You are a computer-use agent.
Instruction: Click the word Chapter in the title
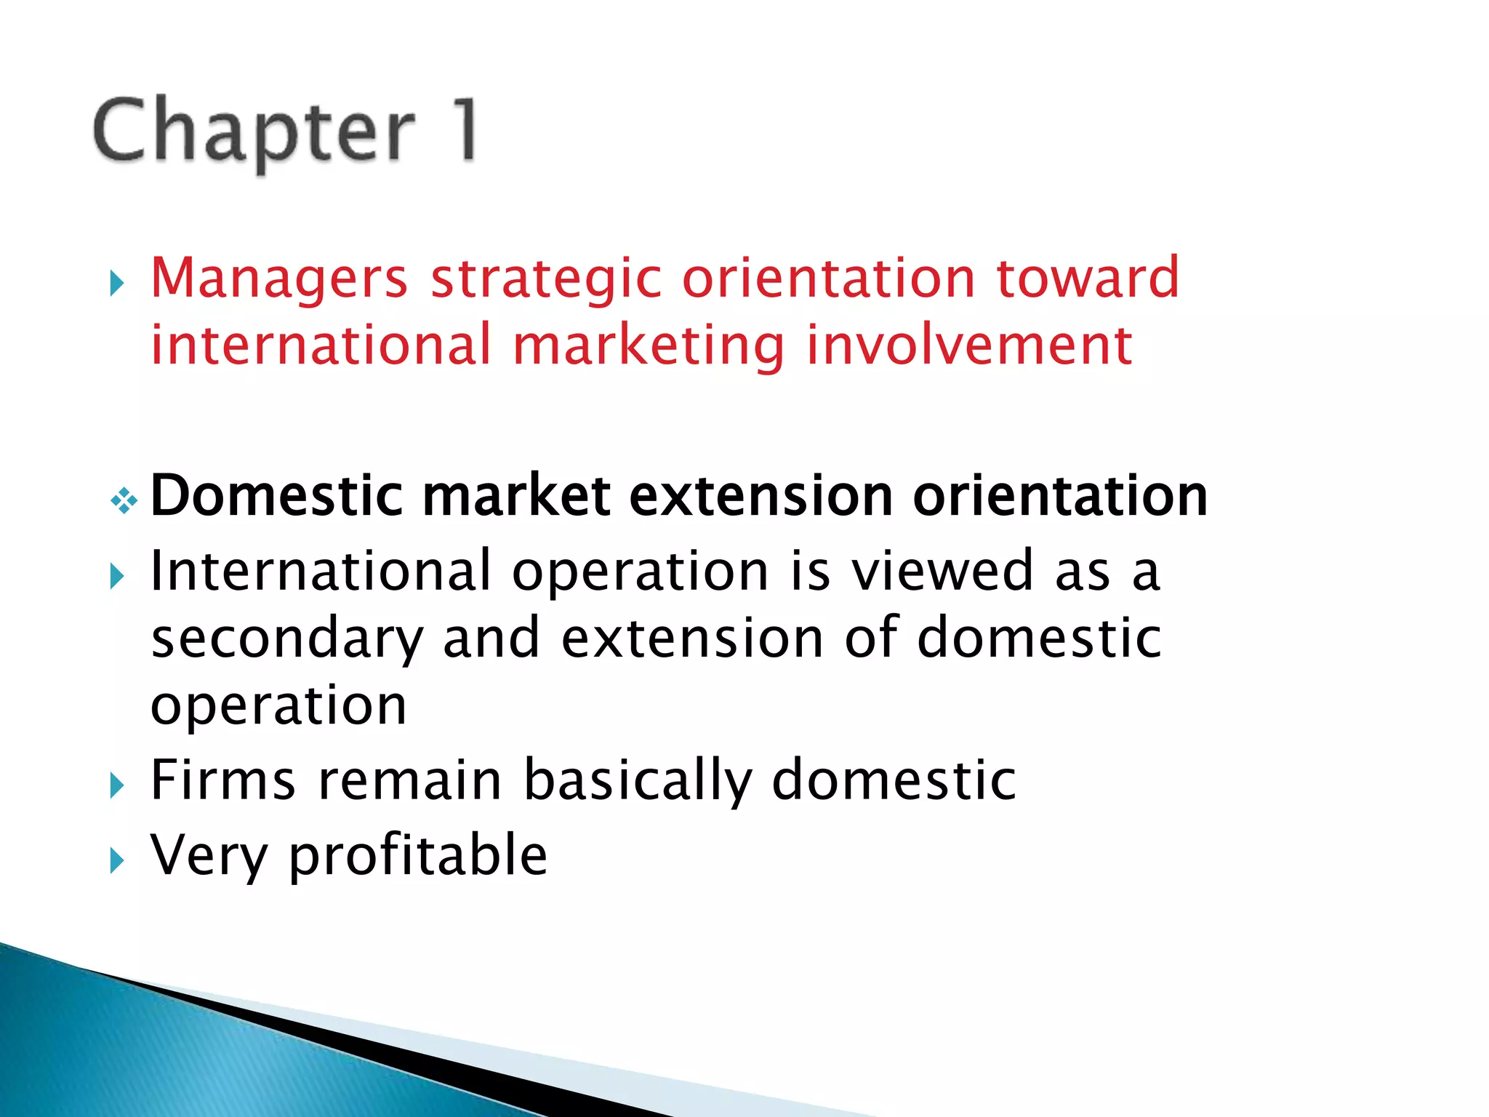point(254,132)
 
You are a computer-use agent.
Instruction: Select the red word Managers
point(278,279)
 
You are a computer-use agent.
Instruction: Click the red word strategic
point(546,279)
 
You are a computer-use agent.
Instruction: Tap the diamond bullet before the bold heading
point(124,501)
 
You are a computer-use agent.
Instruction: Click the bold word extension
point(760,496)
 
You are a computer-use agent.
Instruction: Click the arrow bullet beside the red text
point(117,283)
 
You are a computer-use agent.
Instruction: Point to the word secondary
point(286,639)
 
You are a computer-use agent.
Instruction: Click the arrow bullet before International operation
point(117,577)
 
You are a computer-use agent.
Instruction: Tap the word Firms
point(223,780)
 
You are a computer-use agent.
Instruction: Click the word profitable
point(418,856)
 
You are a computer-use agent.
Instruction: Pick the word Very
point(209,856)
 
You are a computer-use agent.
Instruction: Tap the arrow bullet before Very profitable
point(117,861)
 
